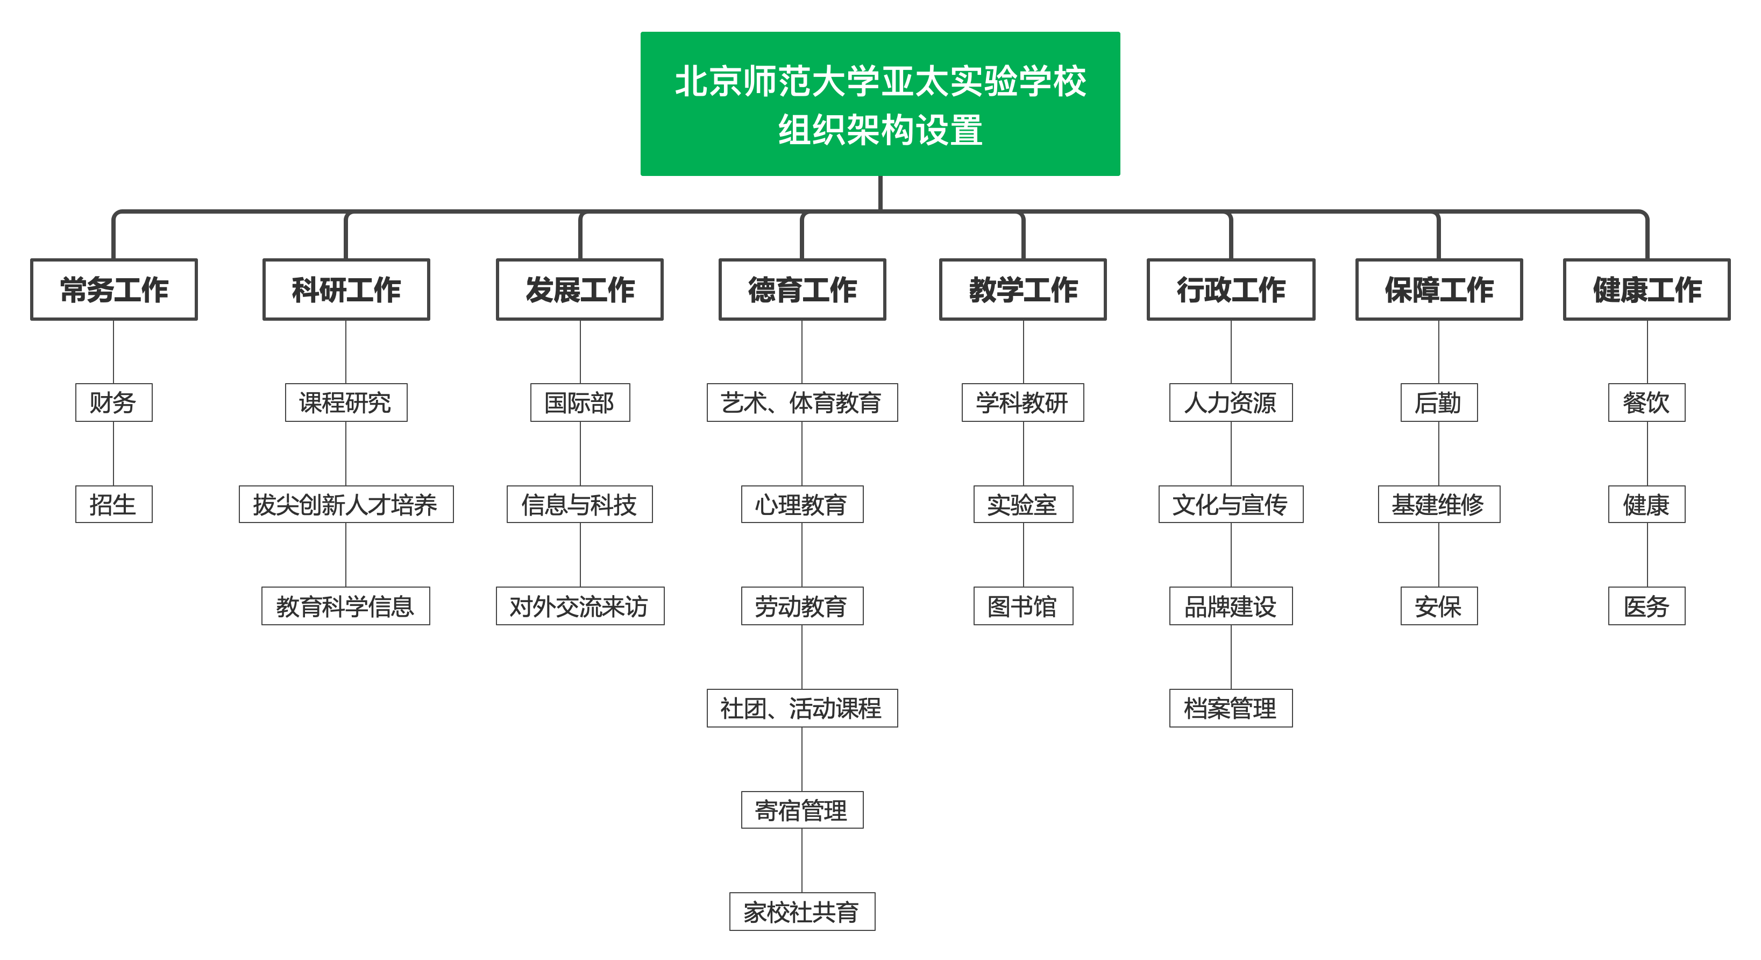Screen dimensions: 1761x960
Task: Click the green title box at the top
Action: pos(880,104)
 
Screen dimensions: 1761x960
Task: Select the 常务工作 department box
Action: pos(114,289)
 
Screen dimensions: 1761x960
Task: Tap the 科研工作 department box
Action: pos(346,289)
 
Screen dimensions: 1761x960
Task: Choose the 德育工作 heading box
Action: pos(802,289)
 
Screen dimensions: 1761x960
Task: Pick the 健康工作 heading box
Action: pos(1647,289)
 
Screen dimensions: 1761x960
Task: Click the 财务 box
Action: pos(113,403)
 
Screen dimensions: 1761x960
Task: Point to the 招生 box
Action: pos(113,505)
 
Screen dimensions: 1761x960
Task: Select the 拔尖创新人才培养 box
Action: pos(346,505)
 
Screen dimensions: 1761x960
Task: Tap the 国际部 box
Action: pos(580,403)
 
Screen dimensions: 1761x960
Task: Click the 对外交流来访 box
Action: pos(580,606)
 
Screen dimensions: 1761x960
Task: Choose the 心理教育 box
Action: pos(802,505)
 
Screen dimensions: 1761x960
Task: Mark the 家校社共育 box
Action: pos(802,912)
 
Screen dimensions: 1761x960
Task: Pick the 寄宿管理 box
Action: pos(802,810)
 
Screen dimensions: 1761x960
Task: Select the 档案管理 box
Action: pos(1231,708)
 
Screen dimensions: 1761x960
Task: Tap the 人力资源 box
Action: pos(1231,403)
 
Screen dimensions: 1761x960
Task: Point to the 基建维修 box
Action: pos(1439,505)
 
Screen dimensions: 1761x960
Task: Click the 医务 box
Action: pos(1647,606)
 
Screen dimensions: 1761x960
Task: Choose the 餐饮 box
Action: pos(1647,403)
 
